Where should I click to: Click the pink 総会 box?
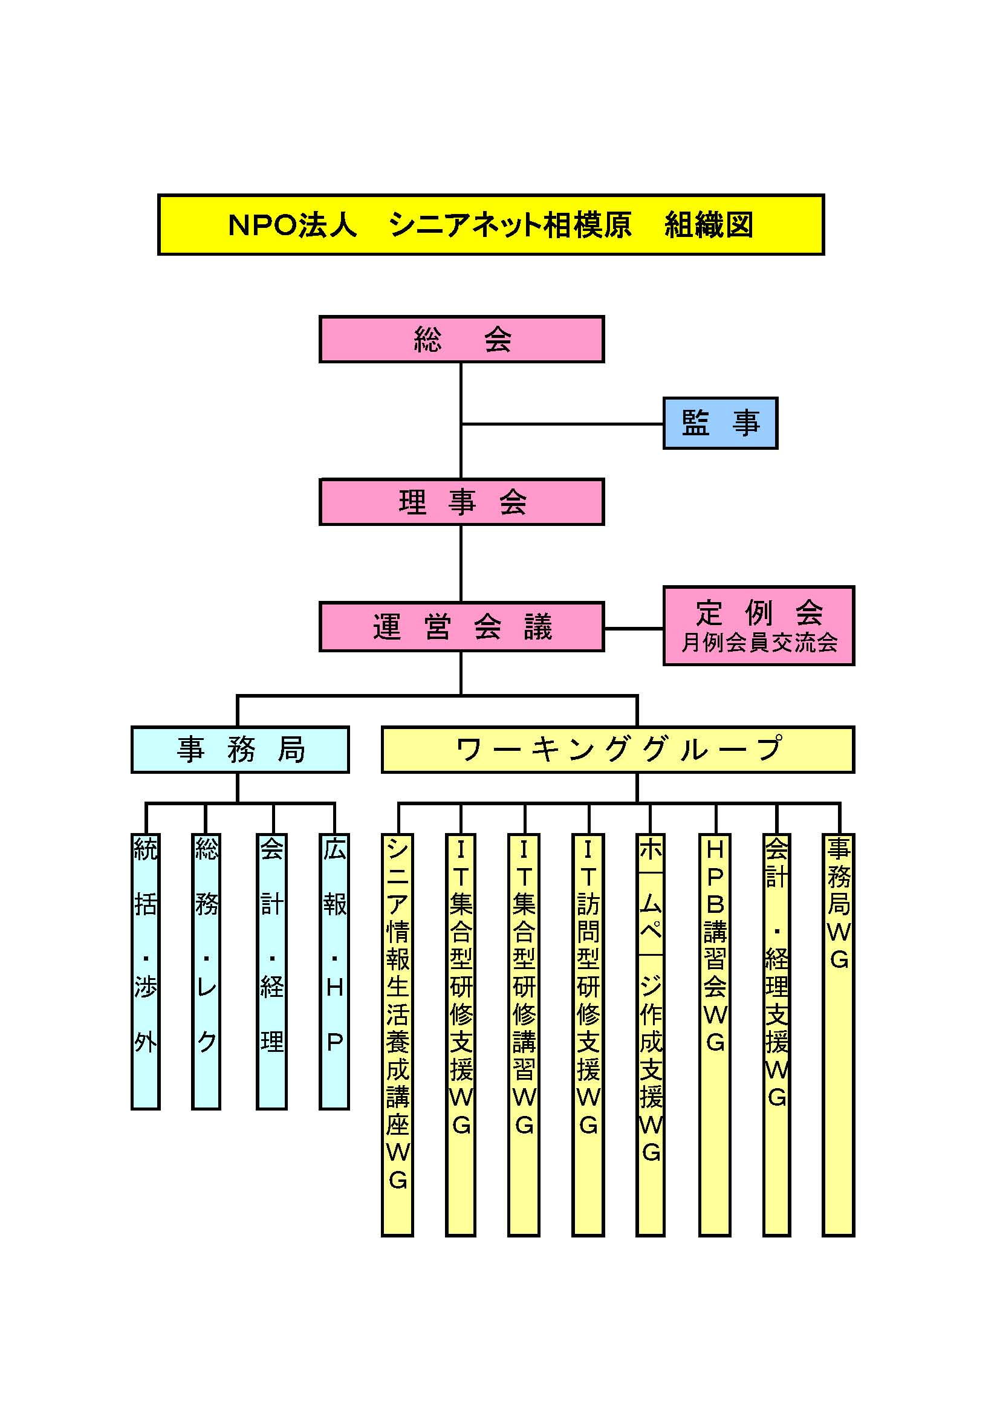point(461,339)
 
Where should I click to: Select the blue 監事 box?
point(721,423)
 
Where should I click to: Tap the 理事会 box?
point(461,502)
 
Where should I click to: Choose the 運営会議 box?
point(461,627)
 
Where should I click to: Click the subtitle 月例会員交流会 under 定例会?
point(759,643)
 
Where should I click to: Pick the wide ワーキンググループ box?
point(619,750)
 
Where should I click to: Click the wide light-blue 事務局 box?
point(240,750)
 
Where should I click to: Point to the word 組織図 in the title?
point(709,225)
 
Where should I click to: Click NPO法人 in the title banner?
point(293,225)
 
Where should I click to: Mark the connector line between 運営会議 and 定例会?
point(634,629)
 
